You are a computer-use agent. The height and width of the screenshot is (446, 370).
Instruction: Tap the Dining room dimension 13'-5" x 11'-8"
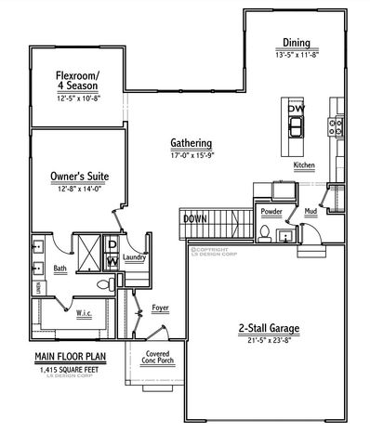(x=297, y=55)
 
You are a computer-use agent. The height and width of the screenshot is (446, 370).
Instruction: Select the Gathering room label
(x=192, y=144)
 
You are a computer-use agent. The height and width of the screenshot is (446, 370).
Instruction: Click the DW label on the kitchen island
(x=296, y=111)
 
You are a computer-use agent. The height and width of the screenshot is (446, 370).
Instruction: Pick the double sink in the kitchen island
(x=296, y=128)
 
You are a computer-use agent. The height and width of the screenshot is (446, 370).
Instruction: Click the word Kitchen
(x=304, y=165)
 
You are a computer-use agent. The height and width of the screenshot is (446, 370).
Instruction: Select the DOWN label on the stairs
(x=195, y=218)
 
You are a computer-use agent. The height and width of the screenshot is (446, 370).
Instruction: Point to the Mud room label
(x=310, y=212)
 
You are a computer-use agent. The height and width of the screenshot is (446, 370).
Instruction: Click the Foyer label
(x=160, y=304)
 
